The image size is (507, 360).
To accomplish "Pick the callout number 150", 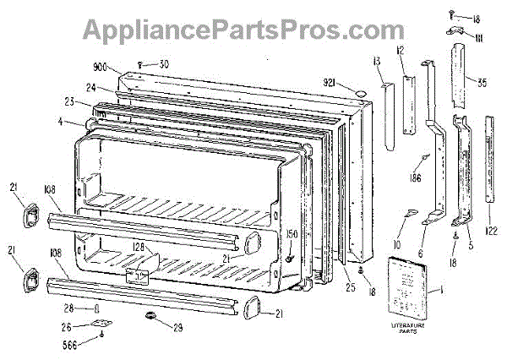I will (x=292, y=232).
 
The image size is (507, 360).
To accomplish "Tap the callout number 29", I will (x=177, y=327).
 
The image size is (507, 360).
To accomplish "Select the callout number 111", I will (x=477, y=37).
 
